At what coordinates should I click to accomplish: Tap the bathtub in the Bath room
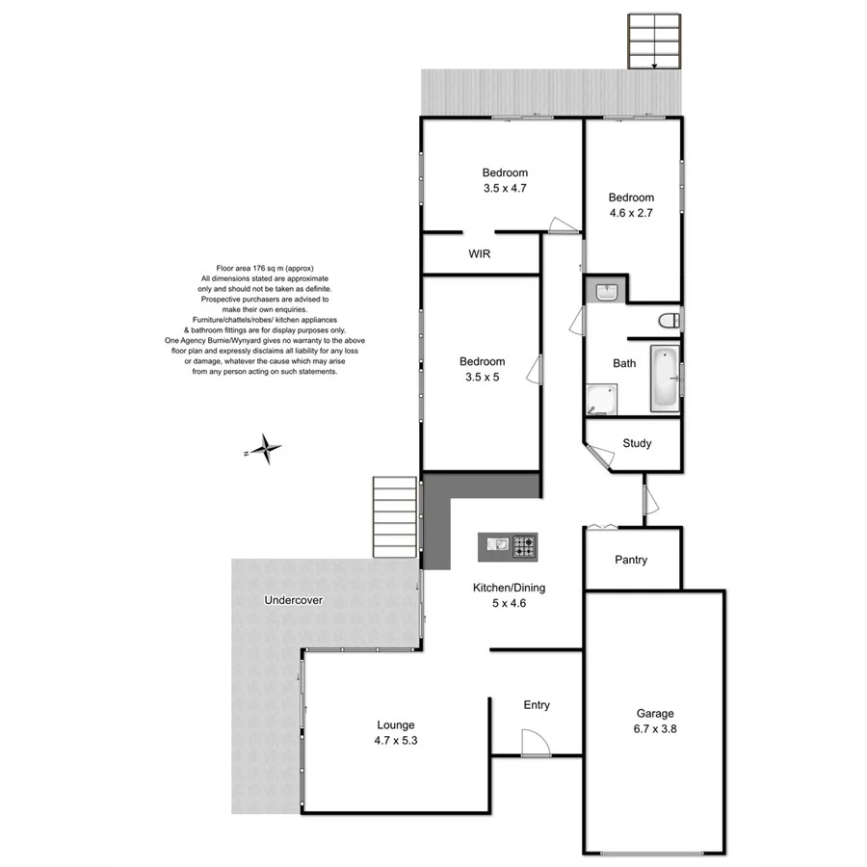pyautogui.click(x=664, y=379)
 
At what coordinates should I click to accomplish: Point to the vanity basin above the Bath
pyautogui.click(x=606, y=291)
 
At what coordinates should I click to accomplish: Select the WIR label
pyautogui.click(x=481, y=255)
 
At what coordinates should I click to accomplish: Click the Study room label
pyautogui.click(x=637, y=444)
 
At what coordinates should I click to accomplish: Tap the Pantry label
pyautogui.click(x=631, y=560)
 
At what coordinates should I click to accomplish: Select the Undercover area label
pyautogui.click(x=293, y=600)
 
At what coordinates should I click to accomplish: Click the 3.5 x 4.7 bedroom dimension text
pyautogui.click(x=505, y=190)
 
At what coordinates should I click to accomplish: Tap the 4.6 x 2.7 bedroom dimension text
pyautogui.click(x=631, y=214)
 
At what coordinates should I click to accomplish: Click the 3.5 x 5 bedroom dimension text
pyautogui.click(x=482, y=378)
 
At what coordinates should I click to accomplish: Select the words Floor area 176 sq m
pyautogui.click(x=265, y=269)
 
